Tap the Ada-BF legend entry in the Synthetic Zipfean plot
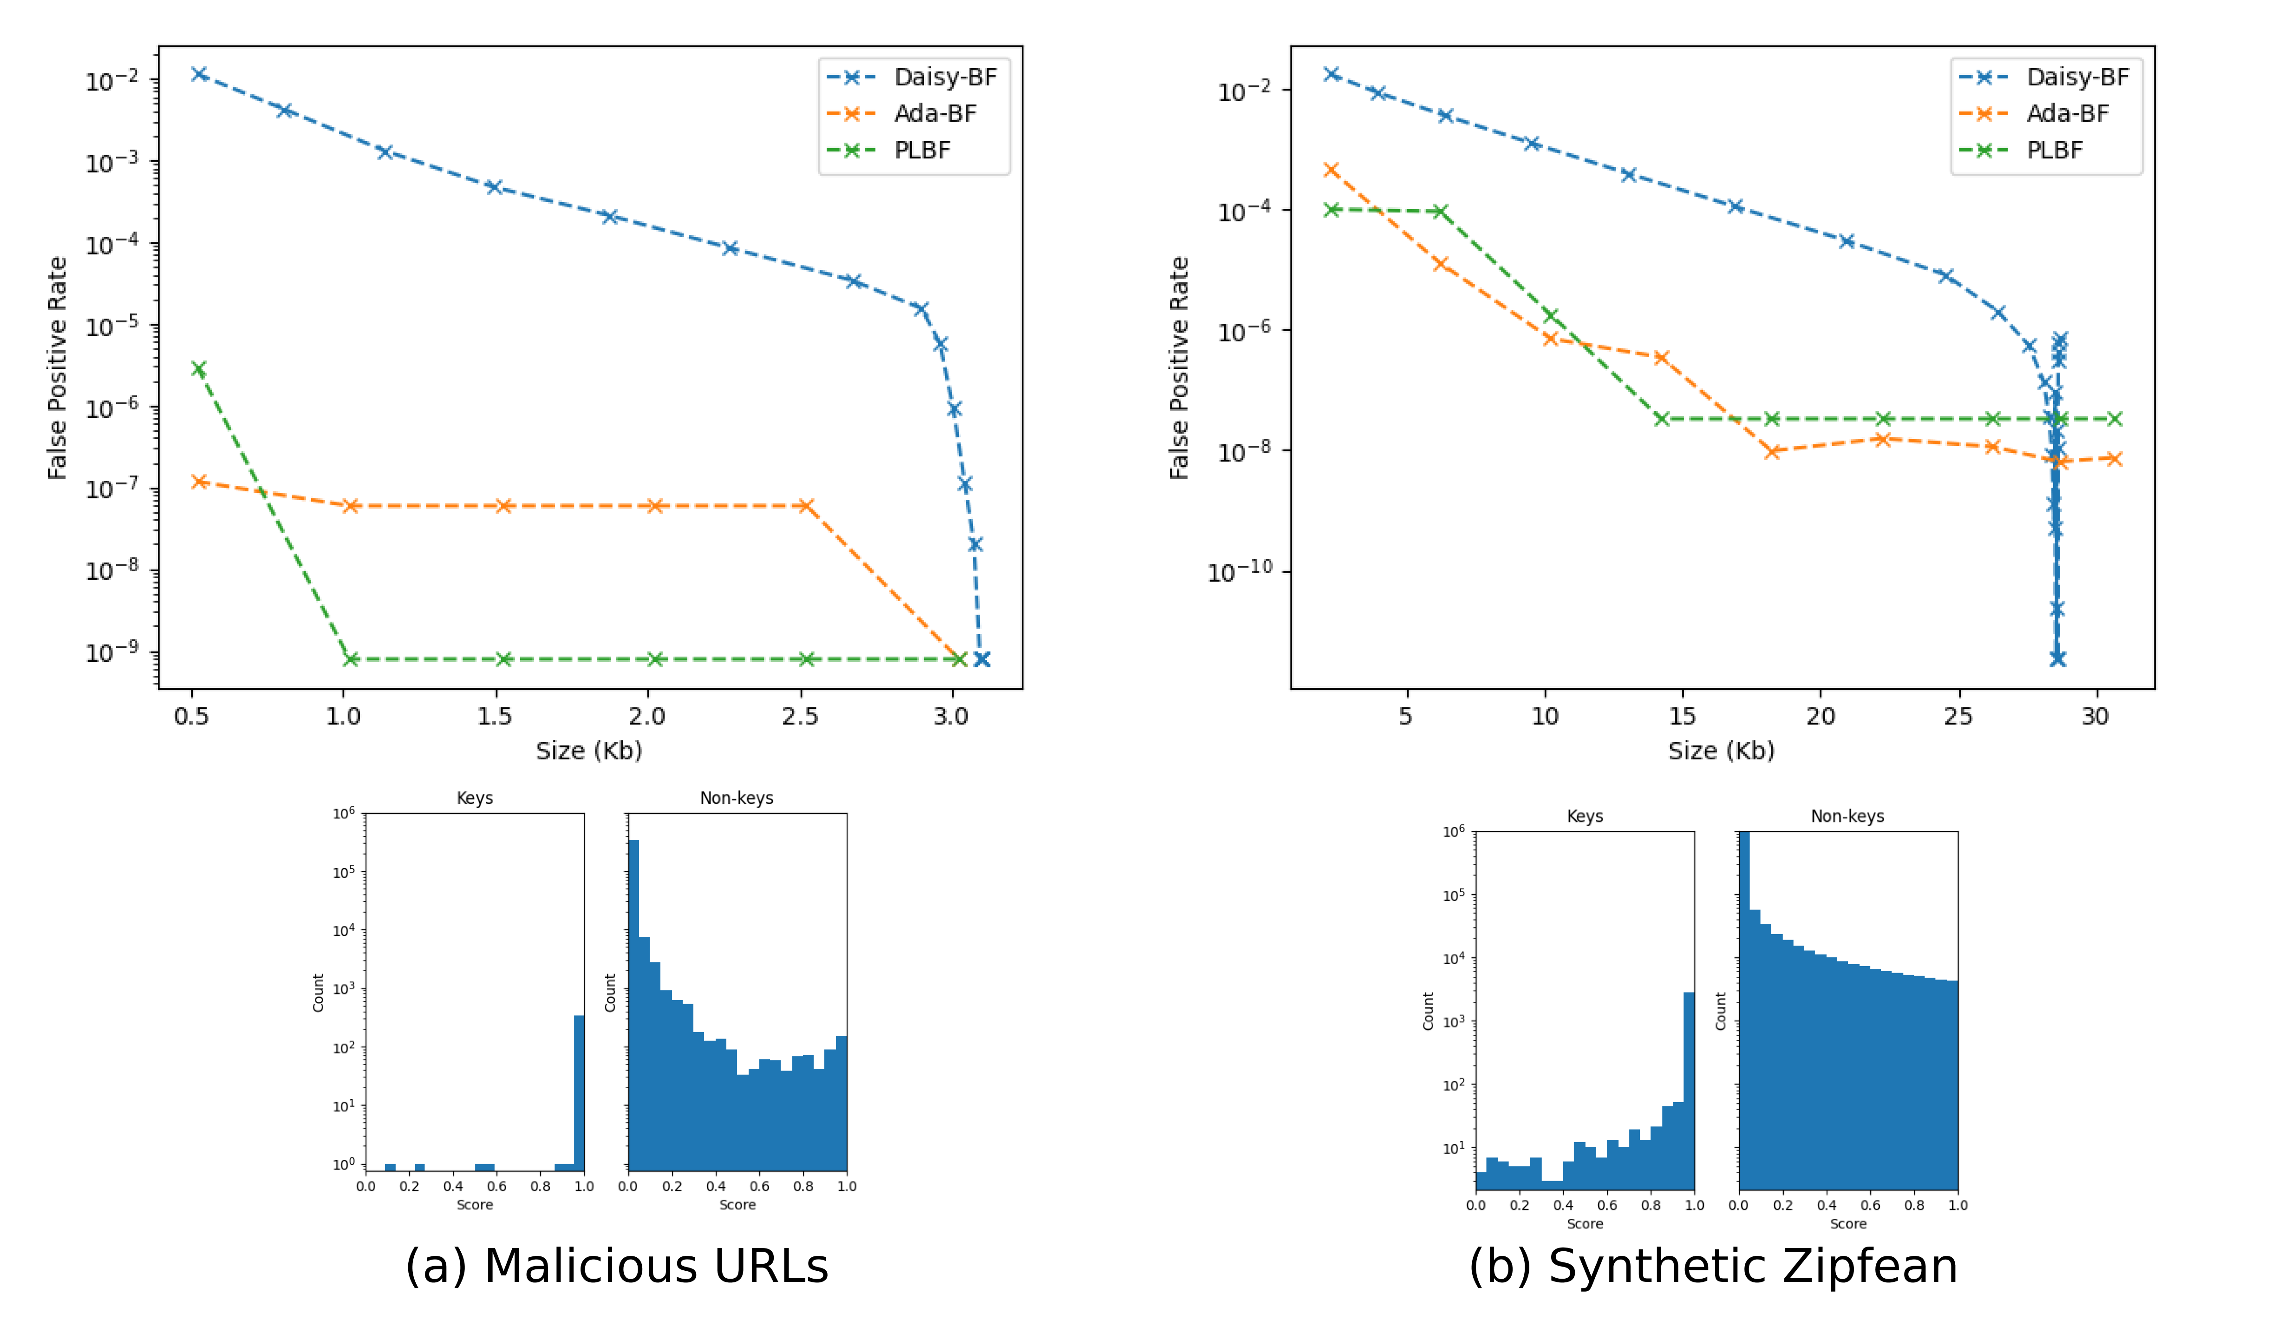point(2067,114)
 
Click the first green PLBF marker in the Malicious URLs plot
point(198,369)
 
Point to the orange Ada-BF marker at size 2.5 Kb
point(806,506)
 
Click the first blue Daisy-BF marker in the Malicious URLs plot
point(199,74)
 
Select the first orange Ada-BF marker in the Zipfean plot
point(1331,170)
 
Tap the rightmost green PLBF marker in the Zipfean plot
point(2114,419)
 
